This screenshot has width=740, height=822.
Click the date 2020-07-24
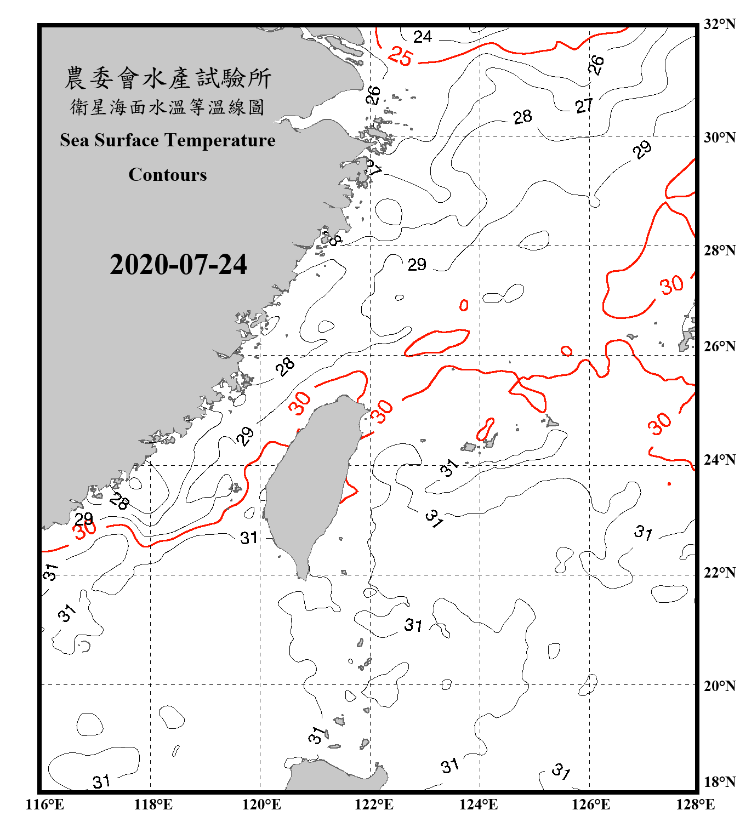click(178, 265)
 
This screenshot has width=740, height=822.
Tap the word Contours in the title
click(168, 175)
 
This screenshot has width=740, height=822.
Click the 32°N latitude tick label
click(719, 24)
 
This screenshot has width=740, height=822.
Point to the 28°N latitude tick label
click(719, 250)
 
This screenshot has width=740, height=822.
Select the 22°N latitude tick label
click(719, 573)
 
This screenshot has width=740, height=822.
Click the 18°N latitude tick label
click(719, 782)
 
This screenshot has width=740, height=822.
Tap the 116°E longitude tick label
click(44, 804)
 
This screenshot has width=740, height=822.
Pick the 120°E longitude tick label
click(261, 804)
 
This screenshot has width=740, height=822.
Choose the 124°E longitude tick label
click(479, 804)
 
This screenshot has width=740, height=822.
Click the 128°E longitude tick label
click(695, 804)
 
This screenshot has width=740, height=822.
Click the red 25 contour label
click(400, 56)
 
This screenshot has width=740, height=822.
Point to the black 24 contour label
click(423, 37)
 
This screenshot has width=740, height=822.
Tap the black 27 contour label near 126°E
click(584, 105)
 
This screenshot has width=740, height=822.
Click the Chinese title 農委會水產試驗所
click(168, 78)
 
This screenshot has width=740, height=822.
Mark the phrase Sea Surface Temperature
click(168, 140)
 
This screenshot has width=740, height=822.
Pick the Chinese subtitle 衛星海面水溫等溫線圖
click(168, 107)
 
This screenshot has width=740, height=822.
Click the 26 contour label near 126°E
click(596, 65)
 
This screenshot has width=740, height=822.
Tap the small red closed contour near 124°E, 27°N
click(464, 305)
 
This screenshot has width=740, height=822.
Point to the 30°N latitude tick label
click(719, 137)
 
